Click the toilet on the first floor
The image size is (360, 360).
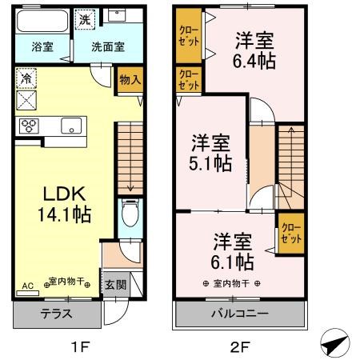click(130, 213)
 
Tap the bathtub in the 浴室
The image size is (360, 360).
click(42, 21)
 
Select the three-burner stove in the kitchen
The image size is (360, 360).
click(29, 126)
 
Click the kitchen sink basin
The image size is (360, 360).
click(71, 126)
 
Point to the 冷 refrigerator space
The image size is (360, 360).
click(26, 78)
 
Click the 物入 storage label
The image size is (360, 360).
click(130, 79)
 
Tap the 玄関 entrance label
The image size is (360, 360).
click(115, 285)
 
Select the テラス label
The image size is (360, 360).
click(56, 314)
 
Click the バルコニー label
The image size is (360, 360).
click(240, 314)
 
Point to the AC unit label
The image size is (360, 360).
click(28, 286)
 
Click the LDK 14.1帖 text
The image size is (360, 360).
click(65, 204)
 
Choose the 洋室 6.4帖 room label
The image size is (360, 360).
click(254, 50)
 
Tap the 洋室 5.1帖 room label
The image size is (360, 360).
click(210, 153)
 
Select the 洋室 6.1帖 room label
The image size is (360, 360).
click(232, 252)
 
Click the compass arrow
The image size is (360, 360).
click(335, 342)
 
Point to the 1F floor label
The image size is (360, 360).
click(79, 347)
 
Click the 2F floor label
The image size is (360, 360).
click(239, 347)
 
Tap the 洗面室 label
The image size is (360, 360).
click(108, 47)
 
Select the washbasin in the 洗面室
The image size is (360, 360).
click(117, 14)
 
